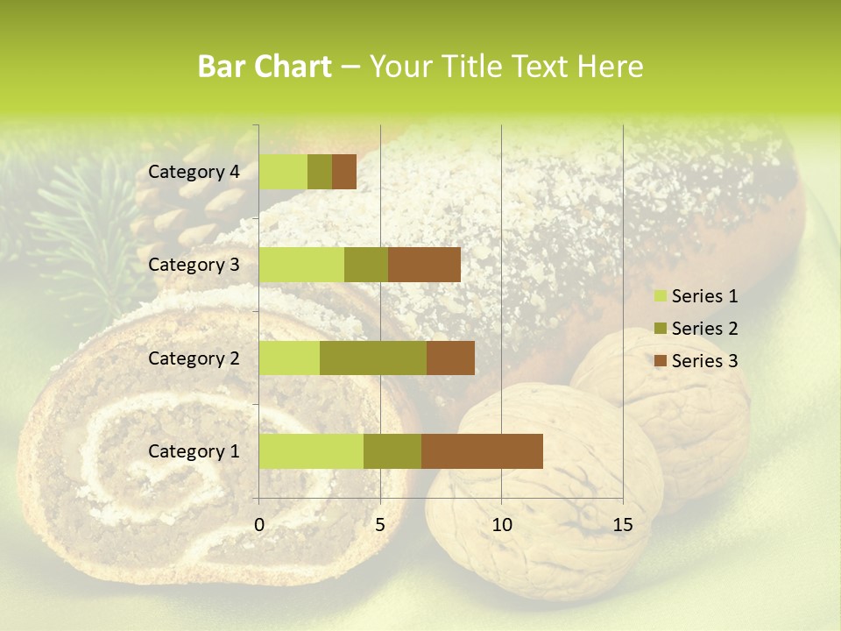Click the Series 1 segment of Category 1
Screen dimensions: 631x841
coord(311,451)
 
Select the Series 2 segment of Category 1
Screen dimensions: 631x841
coord(392,451)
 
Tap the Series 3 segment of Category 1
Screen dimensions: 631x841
coord(482,451)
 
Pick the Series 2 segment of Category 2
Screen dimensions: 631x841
coord(373,358)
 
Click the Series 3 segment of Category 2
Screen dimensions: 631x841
coord(450,358)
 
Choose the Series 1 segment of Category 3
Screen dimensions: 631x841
coord(301,265)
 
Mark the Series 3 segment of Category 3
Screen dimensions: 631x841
coord(424,265)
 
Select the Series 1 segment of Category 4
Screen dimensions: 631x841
coord(283,172)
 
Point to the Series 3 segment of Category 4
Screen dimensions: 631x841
coord(344,172)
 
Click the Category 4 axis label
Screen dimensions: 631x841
coord(194,172)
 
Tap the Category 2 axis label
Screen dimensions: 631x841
coord(194,358)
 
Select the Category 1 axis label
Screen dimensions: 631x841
coord(194,451)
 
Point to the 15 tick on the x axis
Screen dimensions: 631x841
coord(623,526)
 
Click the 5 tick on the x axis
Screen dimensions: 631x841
coord(380,526)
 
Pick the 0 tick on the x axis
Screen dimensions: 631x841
coord(259,526)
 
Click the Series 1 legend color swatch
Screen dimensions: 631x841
coord(660,296)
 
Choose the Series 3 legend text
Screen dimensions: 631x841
coord(704,361)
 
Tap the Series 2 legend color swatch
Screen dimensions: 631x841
coord(660,329)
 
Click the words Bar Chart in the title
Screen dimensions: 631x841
coord(265,67)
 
